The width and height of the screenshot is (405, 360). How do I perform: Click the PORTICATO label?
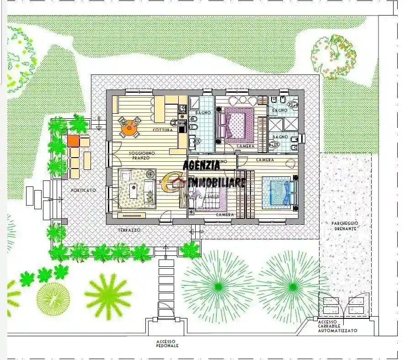pyautogui.click(x=87, y=190)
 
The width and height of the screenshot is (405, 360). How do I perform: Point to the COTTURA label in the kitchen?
pyautogui.click(x=163, y=130)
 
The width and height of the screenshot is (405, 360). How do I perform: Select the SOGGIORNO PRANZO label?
pyautogui.click(x=142, y=155)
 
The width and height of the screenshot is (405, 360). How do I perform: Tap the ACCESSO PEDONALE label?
pyautogui.click(x=167, y=344)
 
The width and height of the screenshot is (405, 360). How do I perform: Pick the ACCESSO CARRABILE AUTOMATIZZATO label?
pyautogui.click(x=338, y=326)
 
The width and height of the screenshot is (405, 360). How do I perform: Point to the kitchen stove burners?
pyautogui.click(x=182, y=109)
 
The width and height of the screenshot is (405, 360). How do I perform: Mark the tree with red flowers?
pyautogui.click(x=334, y=56)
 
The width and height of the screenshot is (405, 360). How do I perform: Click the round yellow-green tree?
pyautogui.click(x=53, y=299)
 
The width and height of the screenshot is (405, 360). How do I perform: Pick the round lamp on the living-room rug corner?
pyautogui.click(x=150, y=174)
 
